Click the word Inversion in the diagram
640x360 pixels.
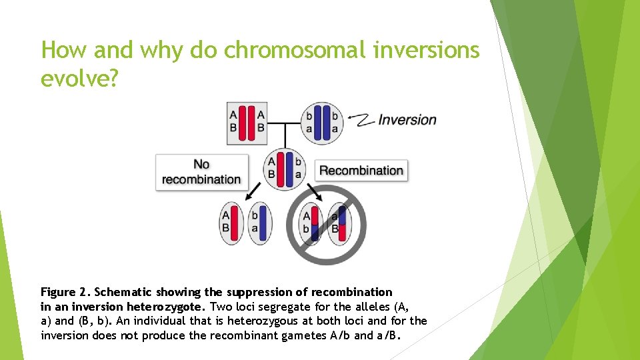click(x=407, y=120)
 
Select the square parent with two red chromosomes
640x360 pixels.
click(x=247, y=123)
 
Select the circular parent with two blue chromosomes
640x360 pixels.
click(x=322, y=123)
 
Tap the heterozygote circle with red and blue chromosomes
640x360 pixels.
click(x=285, y=168)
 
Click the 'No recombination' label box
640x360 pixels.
click(x=201, y=172)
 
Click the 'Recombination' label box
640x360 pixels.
click(x=361, y=171)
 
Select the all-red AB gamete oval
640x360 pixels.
click(x=229, y=222)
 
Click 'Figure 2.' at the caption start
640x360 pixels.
click(x=66, y=292)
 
